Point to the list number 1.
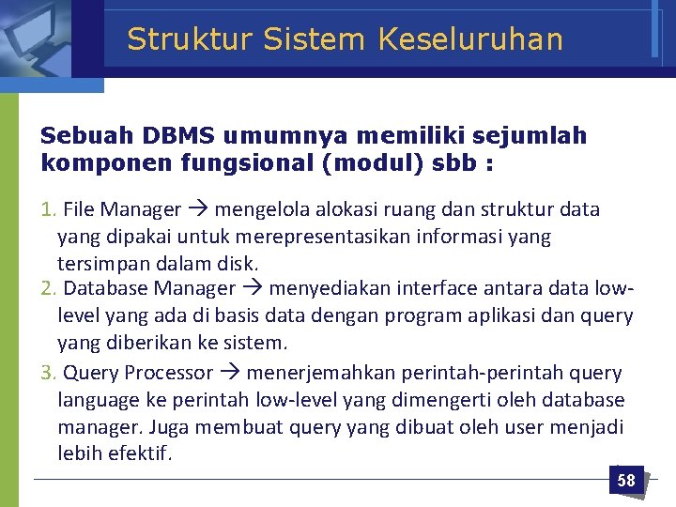(x=48, y=209)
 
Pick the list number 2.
(x=48, y=288)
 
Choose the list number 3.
(x=48, y=373)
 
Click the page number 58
(x=626, y=481)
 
